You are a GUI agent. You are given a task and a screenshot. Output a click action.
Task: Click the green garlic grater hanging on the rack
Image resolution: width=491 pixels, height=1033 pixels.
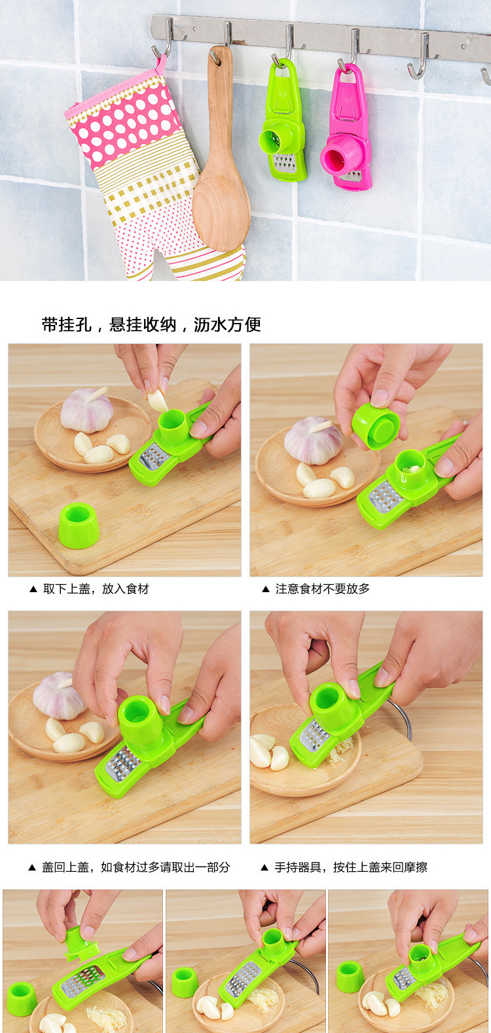pyautogui.click(x=283, y=124)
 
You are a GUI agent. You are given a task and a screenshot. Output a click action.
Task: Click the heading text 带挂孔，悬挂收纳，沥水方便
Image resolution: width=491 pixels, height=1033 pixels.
pyautogui.click(x=151, y=325)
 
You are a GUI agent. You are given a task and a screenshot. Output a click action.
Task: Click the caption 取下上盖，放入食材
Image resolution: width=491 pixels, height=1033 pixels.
pyautogui.click(x=96, y=589)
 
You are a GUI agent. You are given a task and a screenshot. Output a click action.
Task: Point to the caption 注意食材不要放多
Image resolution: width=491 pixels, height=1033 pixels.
pyautogui.click(x=323, y=589)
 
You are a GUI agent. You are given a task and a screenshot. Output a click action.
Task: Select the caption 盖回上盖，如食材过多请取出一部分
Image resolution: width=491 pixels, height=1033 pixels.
pyautogui.click(x=136, y=867)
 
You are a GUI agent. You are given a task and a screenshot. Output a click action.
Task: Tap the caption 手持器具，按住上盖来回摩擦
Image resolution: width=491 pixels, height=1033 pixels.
pyautogui.click(x=351, y=867)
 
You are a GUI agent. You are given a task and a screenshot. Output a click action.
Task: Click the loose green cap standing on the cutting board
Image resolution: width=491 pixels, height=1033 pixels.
pyautogui.click(x=79, y=526)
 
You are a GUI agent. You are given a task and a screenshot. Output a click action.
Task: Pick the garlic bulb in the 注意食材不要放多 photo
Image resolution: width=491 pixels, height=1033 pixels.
pyautogui.click(x=312, y=440)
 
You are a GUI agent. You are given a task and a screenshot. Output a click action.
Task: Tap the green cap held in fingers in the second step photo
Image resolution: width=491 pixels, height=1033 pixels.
pyautogui.click(x=375, y=425)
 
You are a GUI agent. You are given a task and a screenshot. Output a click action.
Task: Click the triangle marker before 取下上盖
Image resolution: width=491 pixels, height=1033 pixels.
pyautogui.click(x=33, y=589)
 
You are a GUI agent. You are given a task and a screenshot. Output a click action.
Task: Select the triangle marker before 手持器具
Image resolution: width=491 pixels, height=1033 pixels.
pyautogui.click(x=264, y=867)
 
